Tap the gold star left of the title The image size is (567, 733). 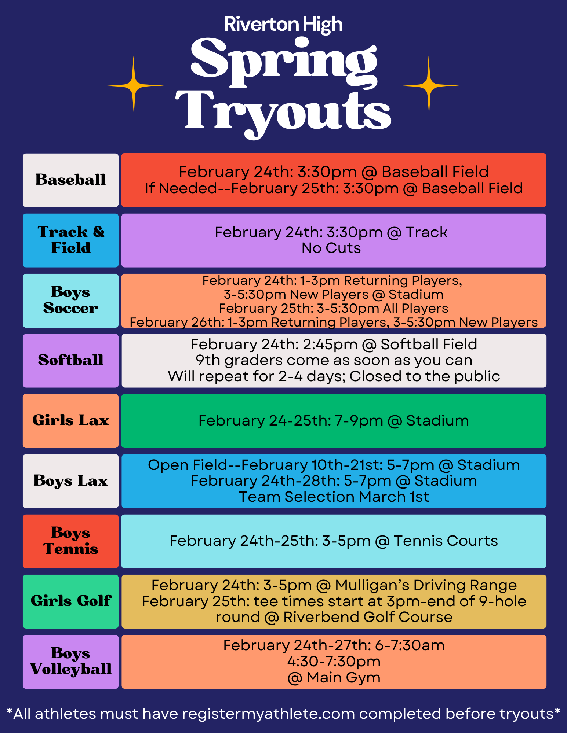[134, 86]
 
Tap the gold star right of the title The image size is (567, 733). [429, 86]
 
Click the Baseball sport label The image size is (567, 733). [70, 180]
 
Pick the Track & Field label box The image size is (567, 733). [70, 240]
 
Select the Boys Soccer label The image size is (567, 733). [70, 300]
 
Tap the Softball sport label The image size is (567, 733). [70, 360]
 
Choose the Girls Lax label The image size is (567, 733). [70, 420]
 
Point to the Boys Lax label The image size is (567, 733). [70, 481]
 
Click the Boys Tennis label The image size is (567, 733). [70, 541]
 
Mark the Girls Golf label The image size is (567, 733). [70, 601]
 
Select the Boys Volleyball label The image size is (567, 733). [70, 662]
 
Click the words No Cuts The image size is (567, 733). [331, 248]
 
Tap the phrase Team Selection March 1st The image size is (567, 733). [334, 497]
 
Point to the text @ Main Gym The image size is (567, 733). [334, 678]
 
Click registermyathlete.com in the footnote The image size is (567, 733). [269, 714]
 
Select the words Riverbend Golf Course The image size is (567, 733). [368, 617]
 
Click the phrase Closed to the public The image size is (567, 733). [425, 376]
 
